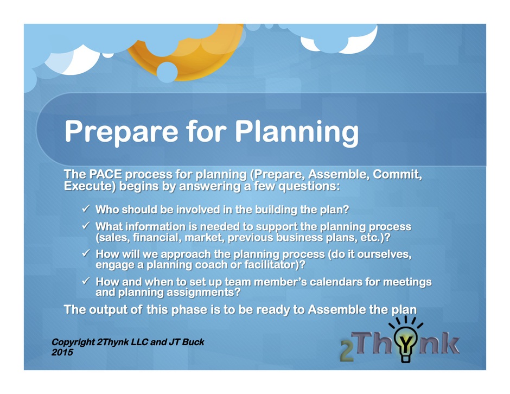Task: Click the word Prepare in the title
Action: (122, 132)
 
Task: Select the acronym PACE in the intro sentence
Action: (105, 174)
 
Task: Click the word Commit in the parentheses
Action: (397, 175)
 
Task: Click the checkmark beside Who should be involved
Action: (86, 208)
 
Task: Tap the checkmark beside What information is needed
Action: (86, 225)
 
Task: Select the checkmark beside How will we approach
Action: (86, 253)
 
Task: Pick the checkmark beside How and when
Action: (86, 281)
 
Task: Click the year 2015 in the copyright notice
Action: (62, 352)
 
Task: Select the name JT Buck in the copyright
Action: (187, 342)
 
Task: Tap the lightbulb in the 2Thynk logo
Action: (406, 344)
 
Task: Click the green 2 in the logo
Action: (347, 351)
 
